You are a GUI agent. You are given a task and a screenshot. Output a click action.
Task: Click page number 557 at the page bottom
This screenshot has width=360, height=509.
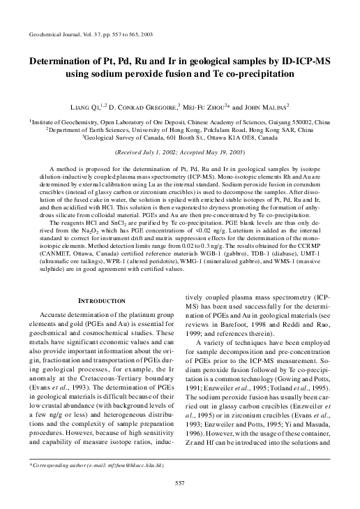pyautogui.click(x=179, y=501)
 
